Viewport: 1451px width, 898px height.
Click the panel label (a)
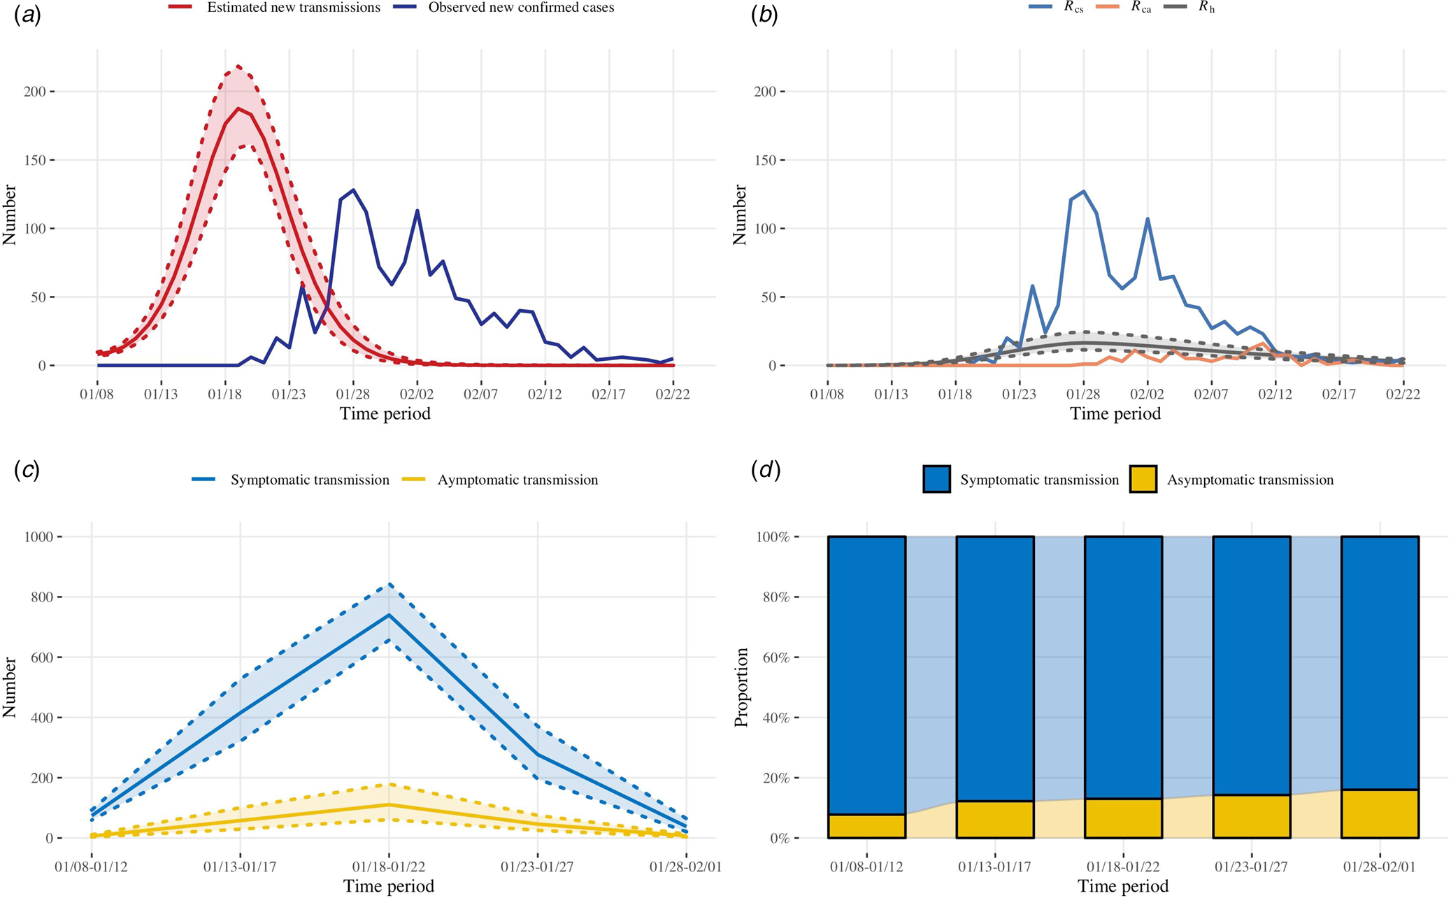click(27, 16)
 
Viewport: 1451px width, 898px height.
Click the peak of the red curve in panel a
click(238, 108)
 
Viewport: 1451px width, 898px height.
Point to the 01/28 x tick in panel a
click(352, 394)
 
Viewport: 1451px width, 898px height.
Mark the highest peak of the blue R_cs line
click(1083, 191)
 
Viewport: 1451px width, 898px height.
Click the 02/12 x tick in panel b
click(1275, 394)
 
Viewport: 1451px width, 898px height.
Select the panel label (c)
click(27, 470)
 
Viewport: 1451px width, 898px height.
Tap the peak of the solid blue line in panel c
click(389, 615)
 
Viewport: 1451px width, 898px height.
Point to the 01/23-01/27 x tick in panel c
click(537, 867)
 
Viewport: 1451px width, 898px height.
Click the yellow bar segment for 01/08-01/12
click(866, 826)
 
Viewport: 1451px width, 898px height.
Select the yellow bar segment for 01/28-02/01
click(1380, 814)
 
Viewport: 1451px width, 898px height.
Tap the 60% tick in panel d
click(775, 657)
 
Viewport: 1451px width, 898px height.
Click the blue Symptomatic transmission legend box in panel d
click(936, 480)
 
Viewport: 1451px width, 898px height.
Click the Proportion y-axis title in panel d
click(741, 687)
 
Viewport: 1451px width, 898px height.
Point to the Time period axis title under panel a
click(385, 413)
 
